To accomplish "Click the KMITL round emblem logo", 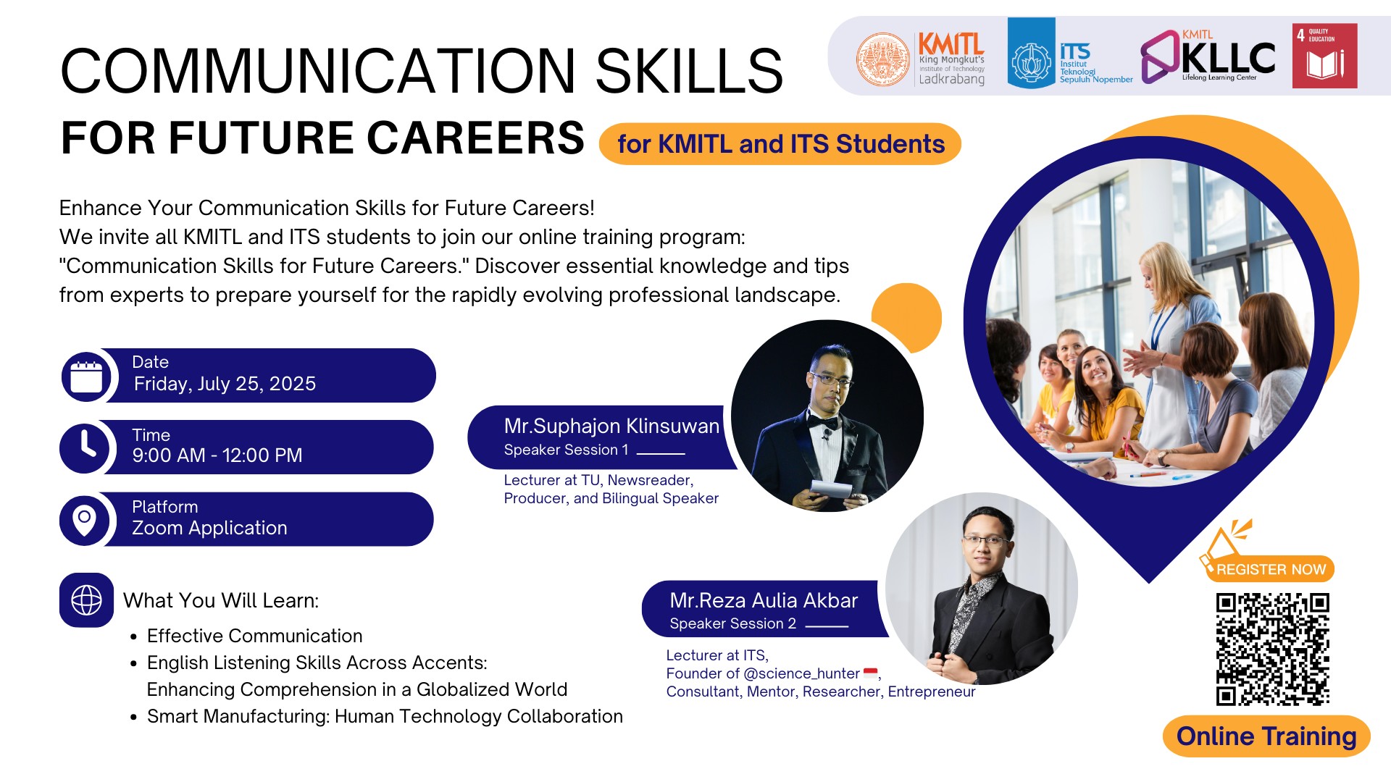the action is click(882, 59).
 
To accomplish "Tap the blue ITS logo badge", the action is click(1031, 54).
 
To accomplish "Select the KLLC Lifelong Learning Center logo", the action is click(1208, 56).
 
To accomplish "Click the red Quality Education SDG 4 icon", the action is click(1324, 56).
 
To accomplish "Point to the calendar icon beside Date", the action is click(86, 376).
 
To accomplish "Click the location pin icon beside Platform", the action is click(85, 519).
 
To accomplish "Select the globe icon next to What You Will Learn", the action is click(86, 600).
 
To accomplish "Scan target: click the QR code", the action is click(1272, 649).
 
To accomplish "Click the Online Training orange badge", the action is click(1266, 736).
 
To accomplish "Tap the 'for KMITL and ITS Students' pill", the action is click(780, 144).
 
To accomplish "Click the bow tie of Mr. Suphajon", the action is click(823, 421).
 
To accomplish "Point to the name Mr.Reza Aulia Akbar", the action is click(764, 600).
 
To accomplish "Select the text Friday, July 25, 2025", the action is click(225, 384).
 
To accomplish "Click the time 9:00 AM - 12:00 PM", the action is click(217, 455).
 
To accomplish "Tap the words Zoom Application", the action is click(209, 528).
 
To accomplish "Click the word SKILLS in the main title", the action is click(689, 70).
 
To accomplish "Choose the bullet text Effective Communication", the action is click(254, 636).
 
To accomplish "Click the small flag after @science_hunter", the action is click(870, 673).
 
